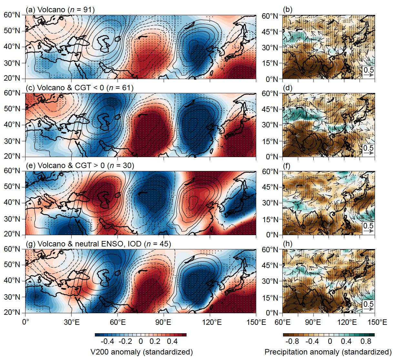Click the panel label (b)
coord(287,10)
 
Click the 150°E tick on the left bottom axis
coord(256,322)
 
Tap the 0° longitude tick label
coord(25,322)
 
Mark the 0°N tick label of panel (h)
coord(272,313)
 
